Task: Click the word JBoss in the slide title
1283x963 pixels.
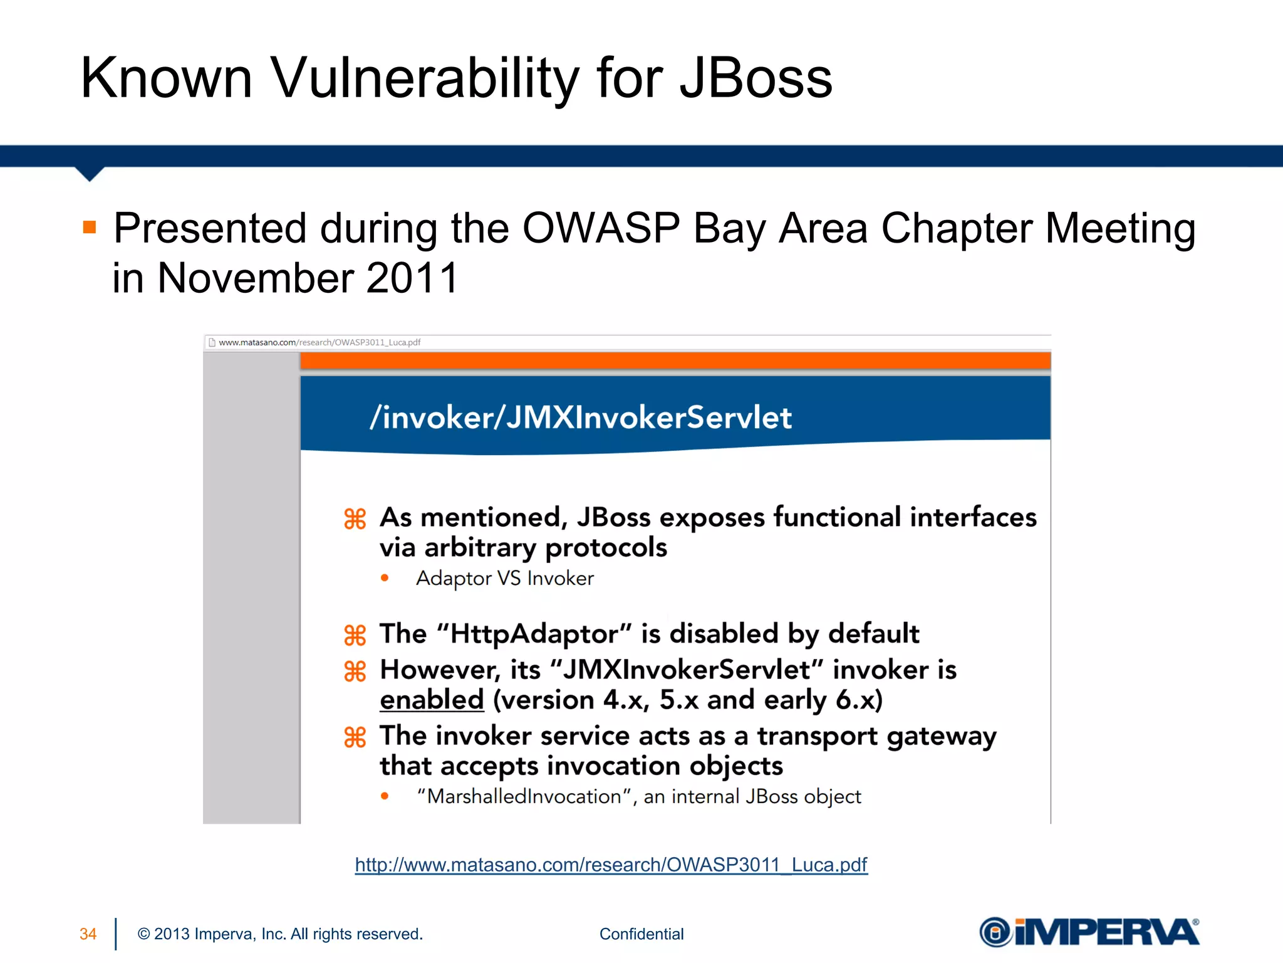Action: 756,78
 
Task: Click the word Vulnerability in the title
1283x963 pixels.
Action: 425,79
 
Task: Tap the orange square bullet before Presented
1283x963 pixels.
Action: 90,227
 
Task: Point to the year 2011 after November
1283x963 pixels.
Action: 412,278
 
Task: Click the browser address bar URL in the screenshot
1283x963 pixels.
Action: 319,342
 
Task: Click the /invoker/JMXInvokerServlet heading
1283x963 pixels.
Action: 581,418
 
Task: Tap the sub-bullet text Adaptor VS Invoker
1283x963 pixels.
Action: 505,578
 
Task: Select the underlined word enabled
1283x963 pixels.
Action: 432,700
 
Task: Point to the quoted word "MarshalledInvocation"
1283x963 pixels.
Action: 523,796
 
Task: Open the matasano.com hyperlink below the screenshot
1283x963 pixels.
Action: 611,865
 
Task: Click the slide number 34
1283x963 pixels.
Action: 88,934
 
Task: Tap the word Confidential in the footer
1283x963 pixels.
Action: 641,934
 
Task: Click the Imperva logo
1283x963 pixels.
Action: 1089,932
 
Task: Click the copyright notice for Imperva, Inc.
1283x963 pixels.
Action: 280,934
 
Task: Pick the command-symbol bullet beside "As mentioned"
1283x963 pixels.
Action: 355,519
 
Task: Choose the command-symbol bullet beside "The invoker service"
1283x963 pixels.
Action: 355,737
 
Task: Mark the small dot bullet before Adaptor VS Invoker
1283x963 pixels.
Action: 385,578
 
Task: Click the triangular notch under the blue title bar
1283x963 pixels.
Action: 90,174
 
